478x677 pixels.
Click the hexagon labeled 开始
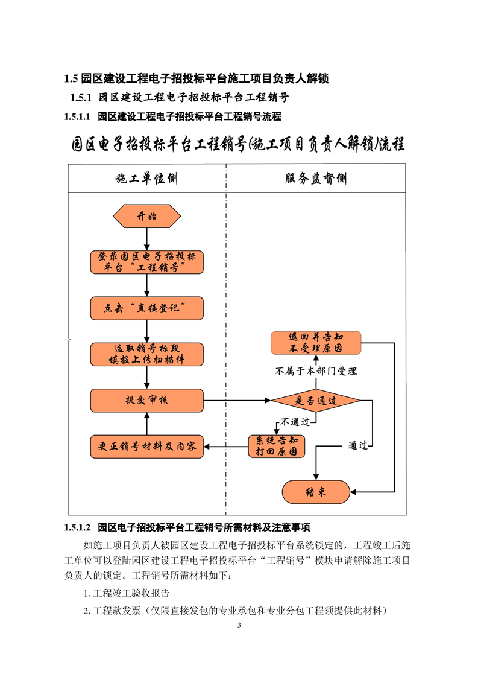147,216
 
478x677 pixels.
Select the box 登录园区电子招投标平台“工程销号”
147,261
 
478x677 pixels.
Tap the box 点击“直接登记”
147,308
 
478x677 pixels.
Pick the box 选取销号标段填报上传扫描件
147,354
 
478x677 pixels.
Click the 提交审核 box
147,400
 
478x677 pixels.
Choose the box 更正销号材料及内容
147,447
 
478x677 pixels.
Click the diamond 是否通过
315,400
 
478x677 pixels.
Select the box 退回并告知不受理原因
315,343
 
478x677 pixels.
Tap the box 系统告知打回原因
277,447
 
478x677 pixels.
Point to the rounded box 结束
315,492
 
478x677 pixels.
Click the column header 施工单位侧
147,179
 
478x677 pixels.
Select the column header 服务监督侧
315,179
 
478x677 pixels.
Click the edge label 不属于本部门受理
316,371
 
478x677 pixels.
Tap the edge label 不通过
295,421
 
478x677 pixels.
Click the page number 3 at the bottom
239,625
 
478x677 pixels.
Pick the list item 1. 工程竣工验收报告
127,593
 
